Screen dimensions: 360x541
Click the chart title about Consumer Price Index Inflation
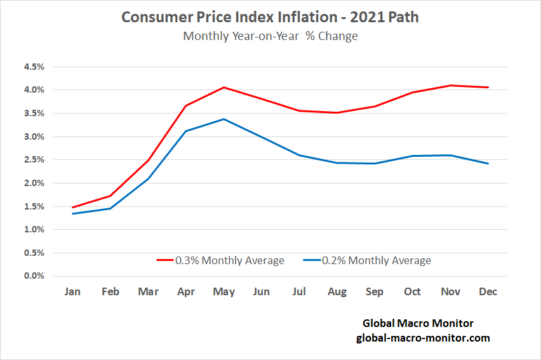tap(270, 17)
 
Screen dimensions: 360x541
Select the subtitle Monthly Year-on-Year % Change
tap(270, 36)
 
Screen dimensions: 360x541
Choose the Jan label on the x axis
tap(72, 292)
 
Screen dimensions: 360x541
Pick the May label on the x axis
tap(224, 292)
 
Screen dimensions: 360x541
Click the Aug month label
tap(337, 292)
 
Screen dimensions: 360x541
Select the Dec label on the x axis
tap(488, 292)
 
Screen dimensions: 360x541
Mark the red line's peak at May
tap(224, 88)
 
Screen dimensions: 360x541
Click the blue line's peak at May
tap(224, 119)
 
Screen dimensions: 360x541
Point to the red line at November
tap(450, 85)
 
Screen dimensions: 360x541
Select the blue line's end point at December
tap(488, 164)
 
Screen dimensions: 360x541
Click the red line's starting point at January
tap(72, 208)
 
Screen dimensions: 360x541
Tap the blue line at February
tap(110, 208)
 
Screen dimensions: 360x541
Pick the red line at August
tap(337, 113)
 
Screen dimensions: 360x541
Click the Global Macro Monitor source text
tap(418, 324)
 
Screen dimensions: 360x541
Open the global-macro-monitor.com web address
tap(423, 338)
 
